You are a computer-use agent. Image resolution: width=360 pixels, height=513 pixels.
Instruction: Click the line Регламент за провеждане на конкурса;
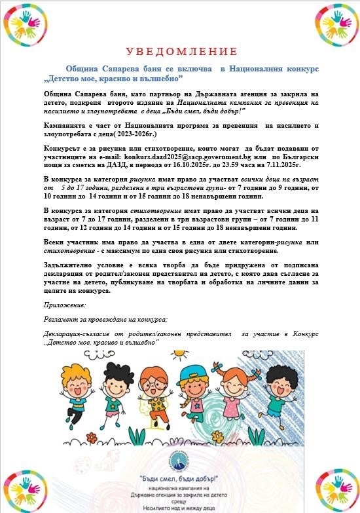pos(105,319)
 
